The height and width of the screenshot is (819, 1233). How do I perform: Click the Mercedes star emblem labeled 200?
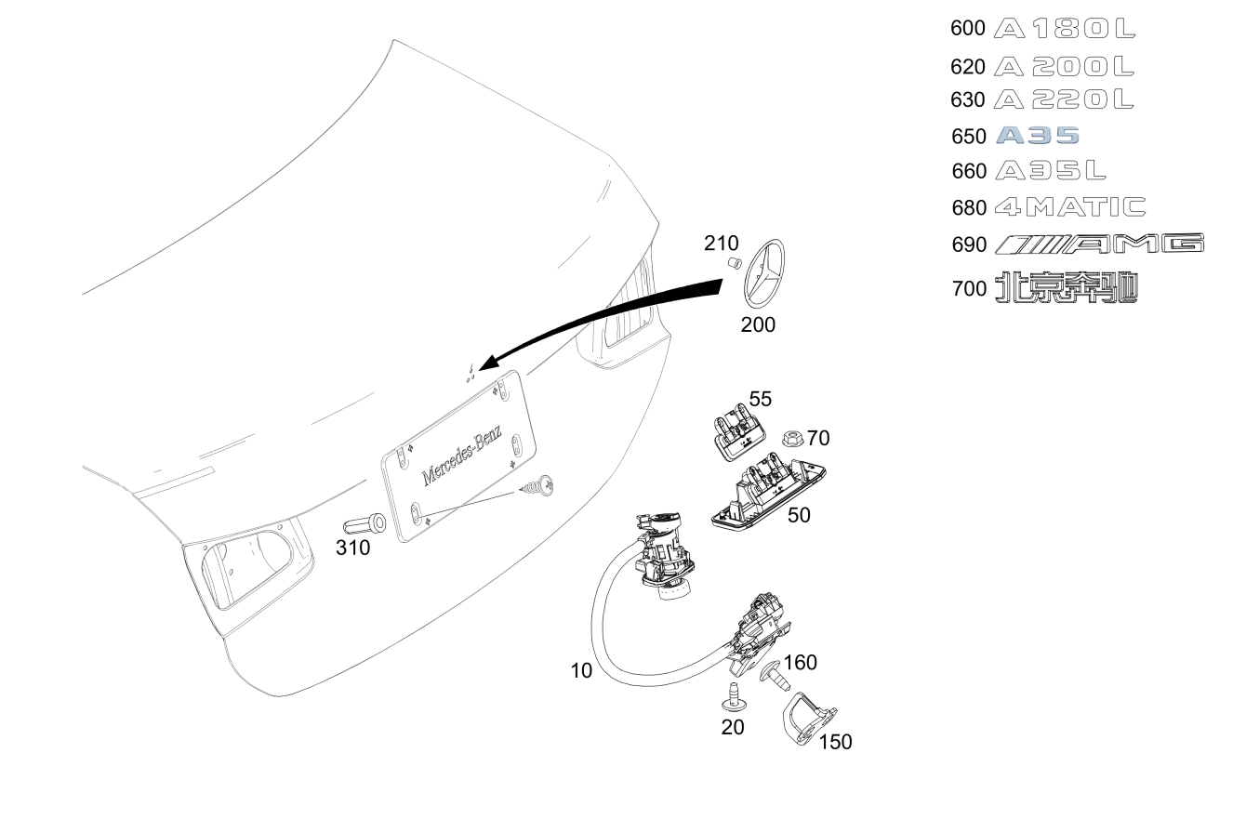tap(764, 274)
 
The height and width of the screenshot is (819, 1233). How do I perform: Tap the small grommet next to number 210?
tap(735, 262)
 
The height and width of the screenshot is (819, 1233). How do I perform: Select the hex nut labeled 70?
tap(792, 438)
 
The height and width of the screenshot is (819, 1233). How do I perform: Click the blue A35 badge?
tap(1038, 136)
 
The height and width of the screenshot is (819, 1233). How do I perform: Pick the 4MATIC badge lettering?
tap(1070, 207)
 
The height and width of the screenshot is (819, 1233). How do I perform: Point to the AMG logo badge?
tap(1099, 244)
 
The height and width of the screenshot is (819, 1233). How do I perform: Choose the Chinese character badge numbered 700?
tap(1067, 287)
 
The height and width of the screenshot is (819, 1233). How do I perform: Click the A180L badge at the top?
tap(1065, 28)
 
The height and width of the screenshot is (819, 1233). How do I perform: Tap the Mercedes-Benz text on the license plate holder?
tap(461, 456)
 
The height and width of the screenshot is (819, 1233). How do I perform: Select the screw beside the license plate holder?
tap(537, 486)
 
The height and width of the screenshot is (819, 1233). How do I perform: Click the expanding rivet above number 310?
tap(365, 524)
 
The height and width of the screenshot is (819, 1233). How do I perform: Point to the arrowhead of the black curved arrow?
tap(490, 362)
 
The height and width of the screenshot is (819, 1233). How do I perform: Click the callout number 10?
tap(581, 670)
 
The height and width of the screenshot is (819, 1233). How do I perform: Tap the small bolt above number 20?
tap(734, 696)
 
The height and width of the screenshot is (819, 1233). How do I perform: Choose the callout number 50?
tap(799, 515)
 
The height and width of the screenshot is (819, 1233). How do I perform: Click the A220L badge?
tap(1064, 99)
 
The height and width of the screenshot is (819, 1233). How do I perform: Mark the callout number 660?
tap(969, 171)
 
